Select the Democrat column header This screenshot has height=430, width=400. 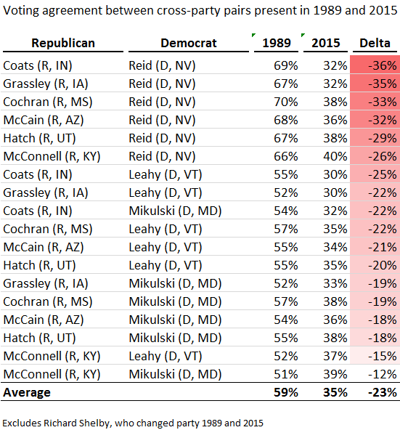tap(187, 43)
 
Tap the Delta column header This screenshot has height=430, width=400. tap(375, 43)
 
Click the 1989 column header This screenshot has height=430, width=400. tap(277, 43)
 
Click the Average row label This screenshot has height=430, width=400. tap(27, 392)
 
